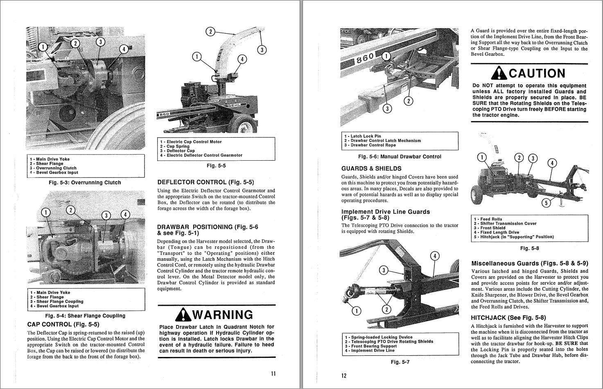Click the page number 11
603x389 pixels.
(273, 373)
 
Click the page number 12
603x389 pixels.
(343, 376)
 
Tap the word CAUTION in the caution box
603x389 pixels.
(537, 73)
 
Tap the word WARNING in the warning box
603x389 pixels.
(222, 315)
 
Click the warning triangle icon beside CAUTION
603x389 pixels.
(499, 73)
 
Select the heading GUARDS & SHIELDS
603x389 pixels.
(371, 168)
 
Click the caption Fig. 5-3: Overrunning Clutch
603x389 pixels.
(85, 182)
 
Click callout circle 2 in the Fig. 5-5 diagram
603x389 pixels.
(210, 32)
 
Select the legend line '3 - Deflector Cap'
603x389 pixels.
(177, 151)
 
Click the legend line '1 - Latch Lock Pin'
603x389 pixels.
(362, 136)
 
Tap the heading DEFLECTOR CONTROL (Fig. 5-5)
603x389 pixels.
(206, 182)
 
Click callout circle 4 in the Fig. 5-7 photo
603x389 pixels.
(434, 256)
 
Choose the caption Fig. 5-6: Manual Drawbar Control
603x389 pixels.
(400, 157)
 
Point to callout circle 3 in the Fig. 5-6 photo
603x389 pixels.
(387, 109)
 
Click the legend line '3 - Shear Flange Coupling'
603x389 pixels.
(56, 301)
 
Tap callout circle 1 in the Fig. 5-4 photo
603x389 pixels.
(46, 212)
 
